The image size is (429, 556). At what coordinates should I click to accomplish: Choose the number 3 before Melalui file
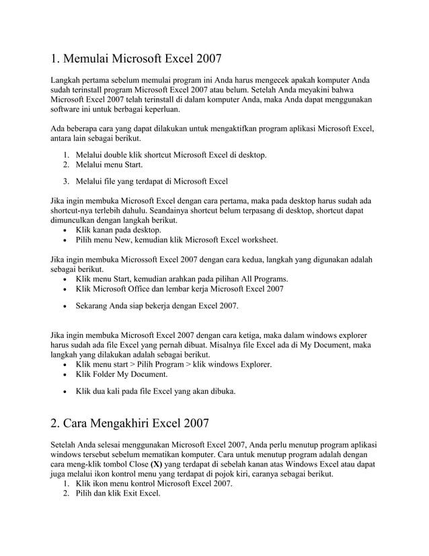tap(67, 181)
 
